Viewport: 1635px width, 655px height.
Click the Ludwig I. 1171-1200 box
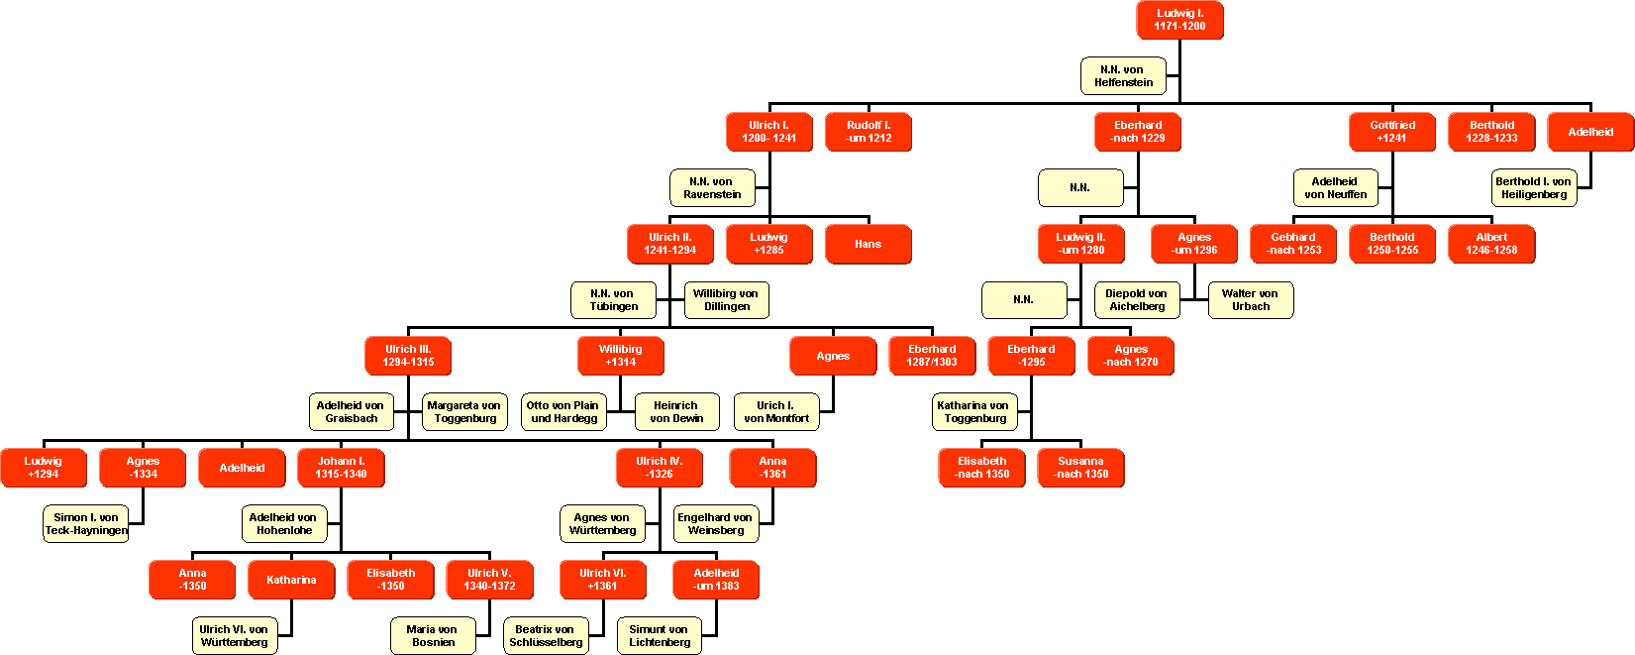coord(1179,20)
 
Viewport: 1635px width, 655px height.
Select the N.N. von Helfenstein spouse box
coord(1123,76)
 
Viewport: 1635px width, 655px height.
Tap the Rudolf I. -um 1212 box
coord(868,132)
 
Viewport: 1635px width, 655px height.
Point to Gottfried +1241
coord(1391,132)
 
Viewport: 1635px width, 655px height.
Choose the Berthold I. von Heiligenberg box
coord(1533,188)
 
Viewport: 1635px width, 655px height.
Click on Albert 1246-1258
coord(1490,244)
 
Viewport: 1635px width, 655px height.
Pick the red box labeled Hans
coord(868,244)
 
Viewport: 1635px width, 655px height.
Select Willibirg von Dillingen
coord(726,300)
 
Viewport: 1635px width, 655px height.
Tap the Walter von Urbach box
coord(1250,300)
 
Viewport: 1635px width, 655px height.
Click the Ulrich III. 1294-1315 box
coord(408,356)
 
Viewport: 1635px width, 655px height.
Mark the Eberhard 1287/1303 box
coord(932,356)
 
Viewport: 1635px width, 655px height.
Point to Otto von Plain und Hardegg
coord(562,412)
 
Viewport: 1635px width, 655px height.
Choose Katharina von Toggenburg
coord(973,412)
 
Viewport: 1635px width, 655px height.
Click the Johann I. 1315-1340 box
coord(341,468)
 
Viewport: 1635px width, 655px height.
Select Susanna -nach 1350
coord(1080,468)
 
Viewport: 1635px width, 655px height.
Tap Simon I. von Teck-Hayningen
coord(86,524)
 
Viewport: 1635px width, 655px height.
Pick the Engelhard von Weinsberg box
coord(715,524)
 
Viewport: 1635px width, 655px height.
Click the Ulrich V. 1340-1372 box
coord(489,580)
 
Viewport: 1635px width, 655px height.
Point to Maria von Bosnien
coord(433,636)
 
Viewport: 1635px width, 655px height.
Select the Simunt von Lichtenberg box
coord(659,636)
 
